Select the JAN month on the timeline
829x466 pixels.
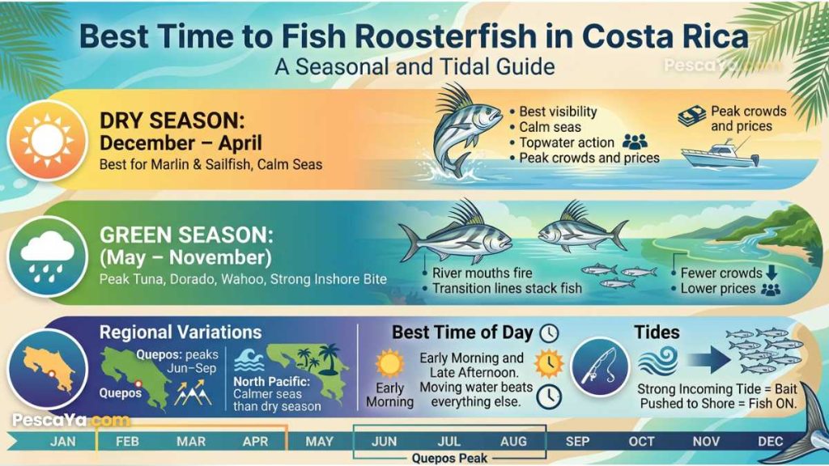[x=63, y=442]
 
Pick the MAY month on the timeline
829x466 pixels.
[x=320, y=442]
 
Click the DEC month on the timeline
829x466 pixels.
[x=770, y=442]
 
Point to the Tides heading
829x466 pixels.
[x=657, y=332]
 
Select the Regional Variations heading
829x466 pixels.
[x=180, y=333]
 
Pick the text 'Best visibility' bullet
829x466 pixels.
[x=558, y=112]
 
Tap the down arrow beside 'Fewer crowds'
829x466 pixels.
[x=772, y=273]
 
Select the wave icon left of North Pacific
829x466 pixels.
[x=247, y=360]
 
